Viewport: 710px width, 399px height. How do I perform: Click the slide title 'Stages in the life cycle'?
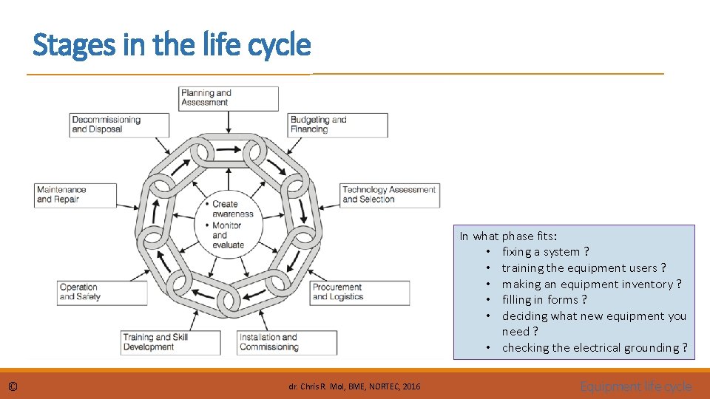(172, 46)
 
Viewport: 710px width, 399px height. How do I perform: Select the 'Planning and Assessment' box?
(229, 98)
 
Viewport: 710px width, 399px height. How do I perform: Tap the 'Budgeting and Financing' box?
(338, 125)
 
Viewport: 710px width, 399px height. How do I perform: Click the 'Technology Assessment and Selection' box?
(389, 195)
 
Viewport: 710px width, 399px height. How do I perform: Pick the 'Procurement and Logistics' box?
(359, 293)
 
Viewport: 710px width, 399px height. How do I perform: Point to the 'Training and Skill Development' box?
(171, 342)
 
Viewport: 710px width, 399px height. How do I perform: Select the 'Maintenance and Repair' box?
(75, 195)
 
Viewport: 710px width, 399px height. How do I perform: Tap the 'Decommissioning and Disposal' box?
(118, 125)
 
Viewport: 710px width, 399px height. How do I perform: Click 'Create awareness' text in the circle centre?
(232, 209)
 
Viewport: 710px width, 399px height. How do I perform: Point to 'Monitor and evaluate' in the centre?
(228, 235)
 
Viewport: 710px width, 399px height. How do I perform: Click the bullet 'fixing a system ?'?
(545, 252)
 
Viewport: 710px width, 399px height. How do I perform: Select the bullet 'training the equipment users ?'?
(584, 268)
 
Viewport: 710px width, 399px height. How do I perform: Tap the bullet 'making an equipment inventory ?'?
(591, 284)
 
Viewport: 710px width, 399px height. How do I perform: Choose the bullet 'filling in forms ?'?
(544, 300)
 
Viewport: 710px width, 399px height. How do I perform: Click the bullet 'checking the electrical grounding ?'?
(594, 348)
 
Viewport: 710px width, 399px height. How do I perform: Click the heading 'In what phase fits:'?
(508, 236)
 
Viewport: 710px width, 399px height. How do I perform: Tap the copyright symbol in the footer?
(13, 386)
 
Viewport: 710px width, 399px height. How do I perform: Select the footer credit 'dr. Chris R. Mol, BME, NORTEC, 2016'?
(354, 386)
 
